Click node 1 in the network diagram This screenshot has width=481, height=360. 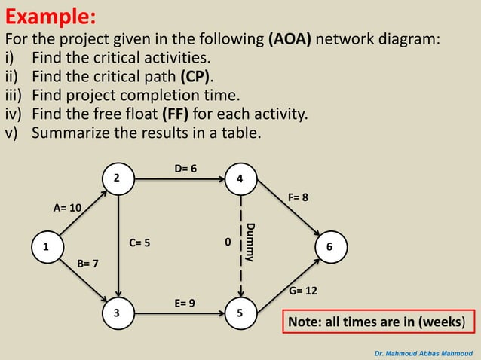point(45,247)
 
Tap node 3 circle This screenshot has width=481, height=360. point(117,313)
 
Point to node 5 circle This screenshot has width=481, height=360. point(240,313)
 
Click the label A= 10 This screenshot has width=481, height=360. point(67,207)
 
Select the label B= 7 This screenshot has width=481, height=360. point(88,264)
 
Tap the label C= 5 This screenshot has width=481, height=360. point(139,243)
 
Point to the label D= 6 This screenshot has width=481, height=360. point(185,169)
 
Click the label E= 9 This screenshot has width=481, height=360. point(185,303)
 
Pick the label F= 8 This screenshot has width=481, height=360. point(298,197)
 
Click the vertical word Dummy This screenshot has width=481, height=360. point(251,243)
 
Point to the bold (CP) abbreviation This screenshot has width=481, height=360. point(196,77)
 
